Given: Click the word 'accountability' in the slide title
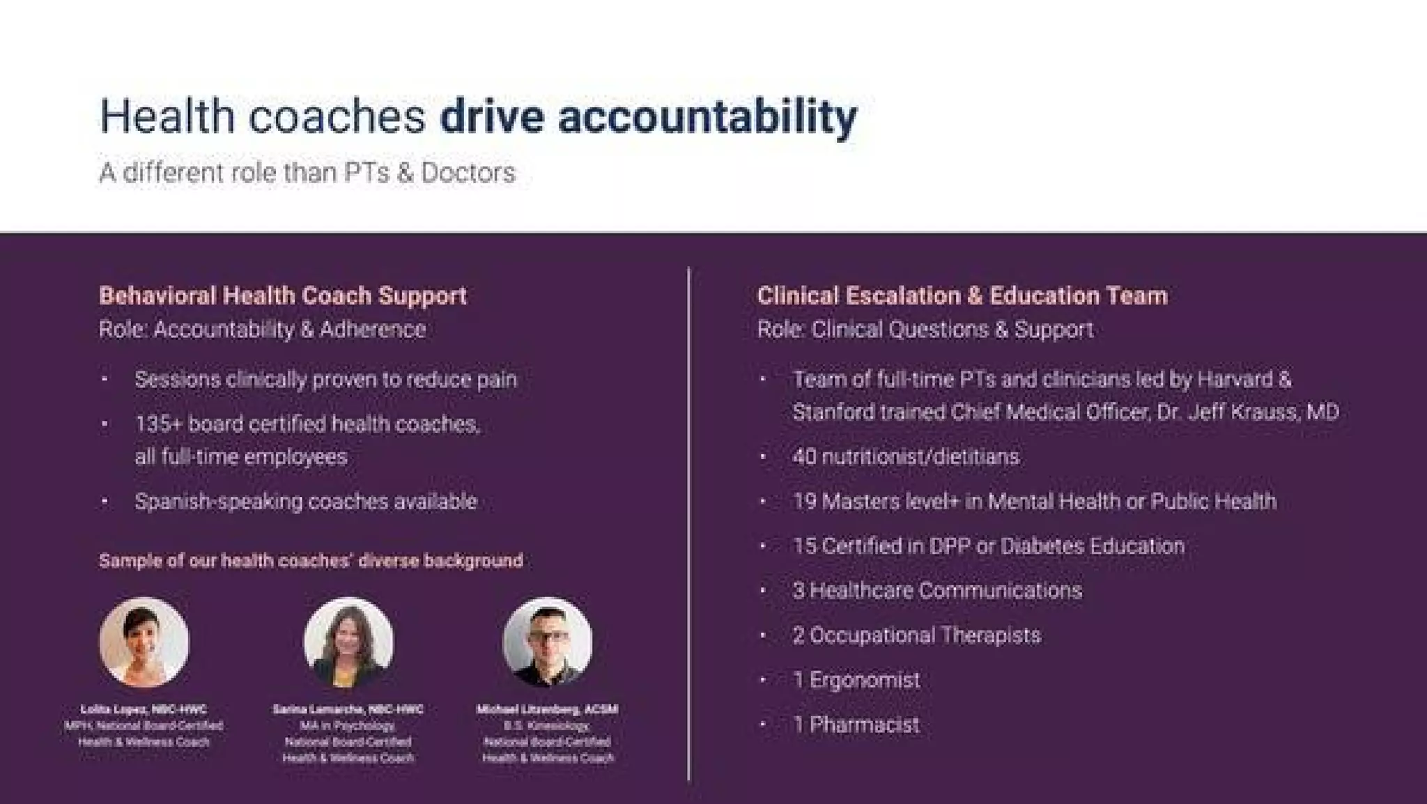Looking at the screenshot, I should click(707, 117).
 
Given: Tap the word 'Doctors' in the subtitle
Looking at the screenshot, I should click(468, 173).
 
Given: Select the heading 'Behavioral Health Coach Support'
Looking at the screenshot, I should click(282, 295).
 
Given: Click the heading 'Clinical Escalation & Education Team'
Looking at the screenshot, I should click(962, 295).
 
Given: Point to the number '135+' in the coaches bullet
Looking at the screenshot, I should click(158, 424).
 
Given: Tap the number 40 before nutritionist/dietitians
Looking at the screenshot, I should click(804, 457).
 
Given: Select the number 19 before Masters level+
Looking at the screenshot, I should click(804, 502).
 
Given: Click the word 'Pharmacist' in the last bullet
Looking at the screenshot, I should click(864, 725).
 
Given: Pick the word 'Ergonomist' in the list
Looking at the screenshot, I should click(864, 680).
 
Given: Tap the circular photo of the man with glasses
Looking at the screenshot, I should click(548, 642).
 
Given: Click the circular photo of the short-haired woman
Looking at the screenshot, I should click(144, 642).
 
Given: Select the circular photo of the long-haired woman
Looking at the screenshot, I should click(348, 642).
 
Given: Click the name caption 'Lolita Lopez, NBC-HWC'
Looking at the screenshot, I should click(144, 709).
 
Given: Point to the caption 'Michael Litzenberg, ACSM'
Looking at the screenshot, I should click(548, 709).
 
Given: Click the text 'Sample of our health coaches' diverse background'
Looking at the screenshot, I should click(311, 561).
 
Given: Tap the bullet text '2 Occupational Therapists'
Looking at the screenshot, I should click(916, 635).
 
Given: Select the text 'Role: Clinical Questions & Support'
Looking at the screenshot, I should click(925, 330).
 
